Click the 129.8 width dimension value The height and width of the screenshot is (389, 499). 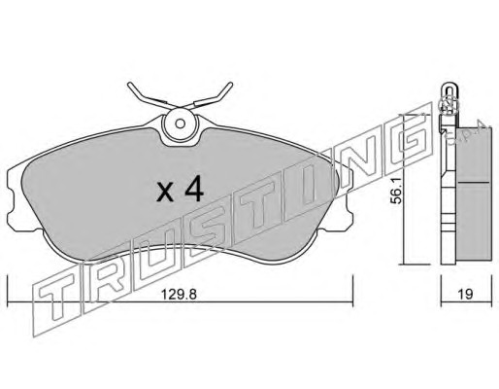pyautogui.click(x=179, y=295)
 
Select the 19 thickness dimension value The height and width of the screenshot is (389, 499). pyautogui.click(x=466, y=295)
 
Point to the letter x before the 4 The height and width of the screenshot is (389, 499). pyautogui.click(x=165, y=194)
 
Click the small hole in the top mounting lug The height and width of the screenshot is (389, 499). pyautogui.click(x=181, y=124)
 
